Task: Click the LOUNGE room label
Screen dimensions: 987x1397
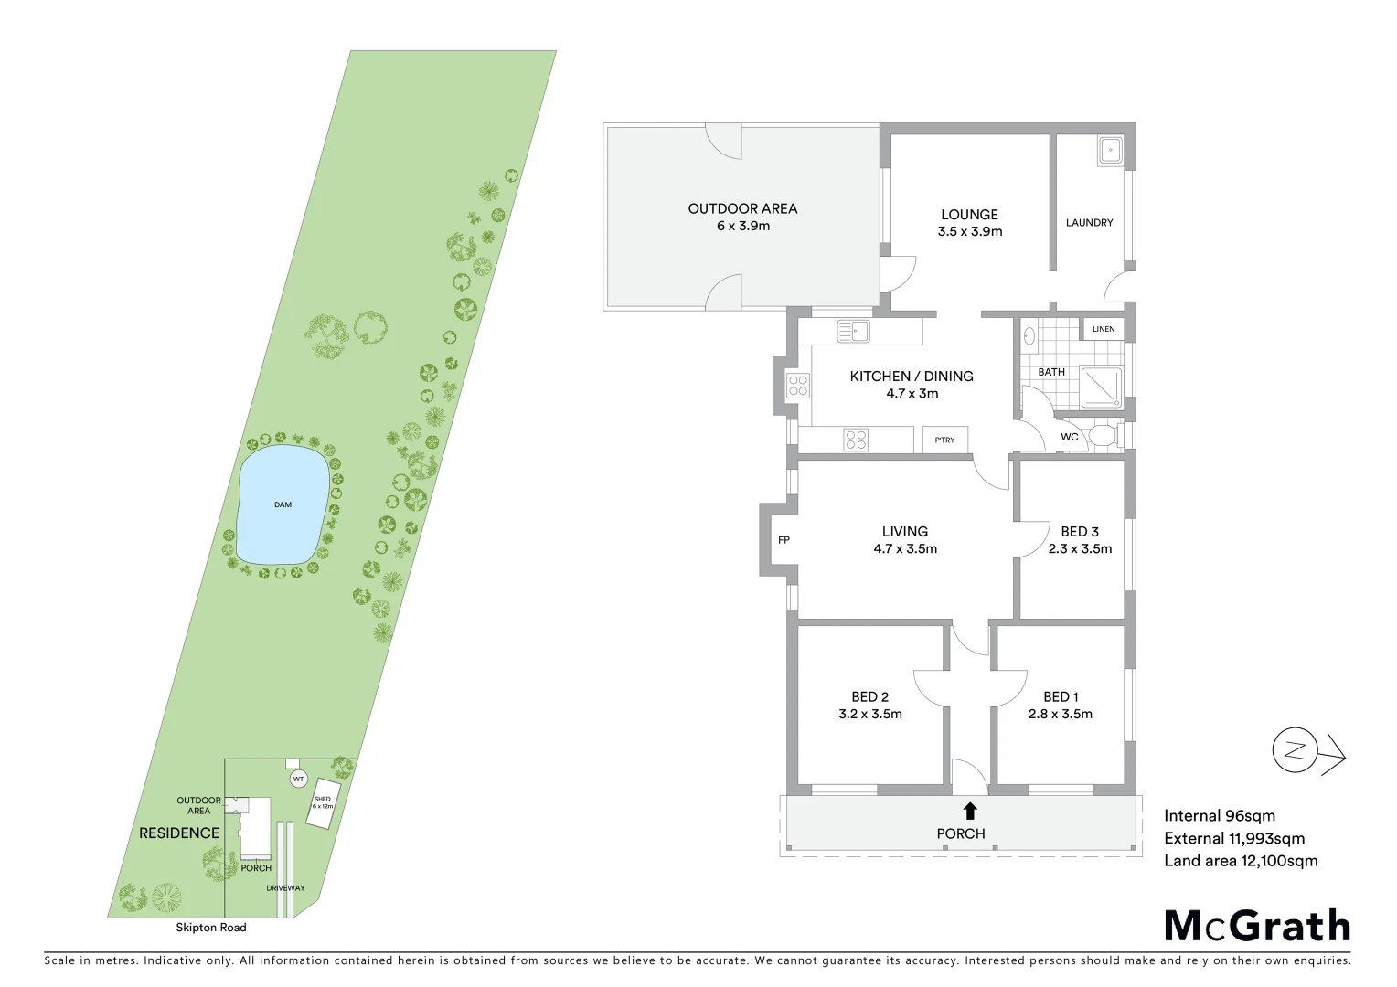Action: pyautogui.click(x=969, y=216)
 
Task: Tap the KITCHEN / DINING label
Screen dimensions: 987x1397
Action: pyautogui.click(x=912, y=377)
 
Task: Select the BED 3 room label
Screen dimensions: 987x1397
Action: pyautogui.click(x=1080, y=532)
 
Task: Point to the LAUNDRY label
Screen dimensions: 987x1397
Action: pyautogui.click(x=1089, y=222)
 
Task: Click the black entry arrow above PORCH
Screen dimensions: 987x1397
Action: pyautogui.click(x=969, y=810)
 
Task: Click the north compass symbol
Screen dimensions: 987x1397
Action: pyautogui.click(x=1295, y=751)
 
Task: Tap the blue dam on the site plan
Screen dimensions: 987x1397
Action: pyautogui.click(x=282, y=505)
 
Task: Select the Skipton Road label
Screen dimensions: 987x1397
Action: pyautogui.click(x=211, y=928)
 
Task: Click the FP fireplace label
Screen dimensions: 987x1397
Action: pyautogui.click(x=784, y=540)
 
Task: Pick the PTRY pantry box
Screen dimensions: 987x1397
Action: pyautogui.click(x=944, y=440)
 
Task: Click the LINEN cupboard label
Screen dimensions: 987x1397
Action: pyautogui.click(x=1104, y=329)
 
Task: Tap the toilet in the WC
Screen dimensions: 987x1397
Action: pyautogui.click(x=1103, y=435)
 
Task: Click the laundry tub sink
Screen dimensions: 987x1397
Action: pyautogui.click(x=1111, y=150)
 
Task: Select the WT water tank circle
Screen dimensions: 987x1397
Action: pyautogui.click(x=298, y=780)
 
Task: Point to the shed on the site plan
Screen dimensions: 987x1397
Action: pyautogui.click(x=323, y=804)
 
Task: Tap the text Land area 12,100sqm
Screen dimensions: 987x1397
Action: pyautogui.click(x=1241, y=861)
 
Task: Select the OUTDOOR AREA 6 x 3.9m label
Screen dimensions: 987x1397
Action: pyautogui.click(x=742, y=217)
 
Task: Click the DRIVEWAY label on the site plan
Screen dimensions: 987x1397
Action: pyautogui.click(x=285, y=888)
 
